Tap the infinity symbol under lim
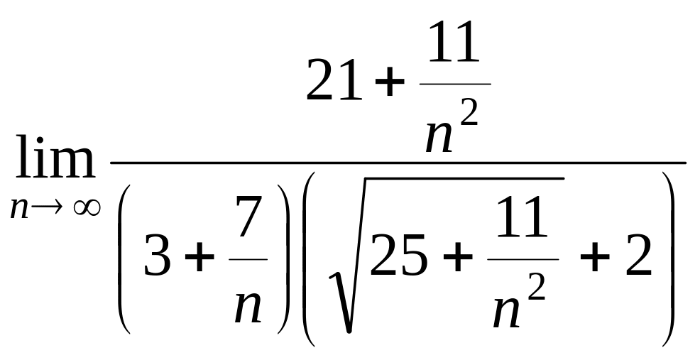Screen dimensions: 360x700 coord(87,207)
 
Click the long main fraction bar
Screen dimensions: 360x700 coord(398,163)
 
